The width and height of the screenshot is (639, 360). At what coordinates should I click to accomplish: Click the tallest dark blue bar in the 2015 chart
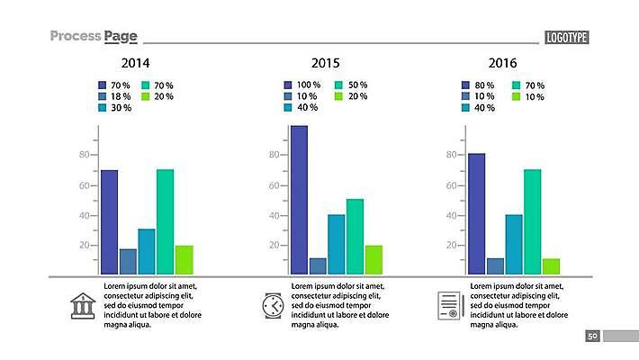click(299, 199)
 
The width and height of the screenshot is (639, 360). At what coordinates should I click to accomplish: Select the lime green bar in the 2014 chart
click(184, 259)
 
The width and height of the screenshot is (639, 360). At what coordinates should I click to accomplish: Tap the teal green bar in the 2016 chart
click(532, 221)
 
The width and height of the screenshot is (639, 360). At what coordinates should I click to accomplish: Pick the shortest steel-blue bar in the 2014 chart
click(128, 261)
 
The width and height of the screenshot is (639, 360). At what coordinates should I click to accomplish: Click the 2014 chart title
click(135, 64)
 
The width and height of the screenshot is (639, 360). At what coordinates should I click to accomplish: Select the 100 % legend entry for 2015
click(301, 85)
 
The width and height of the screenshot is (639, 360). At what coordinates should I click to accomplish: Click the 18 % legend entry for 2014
click(114, 96)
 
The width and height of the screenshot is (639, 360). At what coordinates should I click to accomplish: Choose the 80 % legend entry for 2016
click(477, 85)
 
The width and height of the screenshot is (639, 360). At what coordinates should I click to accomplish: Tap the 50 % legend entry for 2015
click(351, 85)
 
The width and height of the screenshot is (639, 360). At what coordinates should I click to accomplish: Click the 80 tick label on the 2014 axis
click(85, 155)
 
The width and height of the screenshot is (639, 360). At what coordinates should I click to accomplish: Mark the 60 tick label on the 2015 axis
click(274, 185)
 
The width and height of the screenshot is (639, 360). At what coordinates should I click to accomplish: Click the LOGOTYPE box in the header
click(566, 37)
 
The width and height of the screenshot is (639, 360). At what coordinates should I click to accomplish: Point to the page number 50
click(592, 336)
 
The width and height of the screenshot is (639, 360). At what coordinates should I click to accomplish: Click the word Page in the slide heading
click(121, 36)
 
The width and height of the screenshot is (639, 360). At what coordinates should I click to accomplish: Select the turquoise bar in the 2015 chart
click(336, 243)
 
